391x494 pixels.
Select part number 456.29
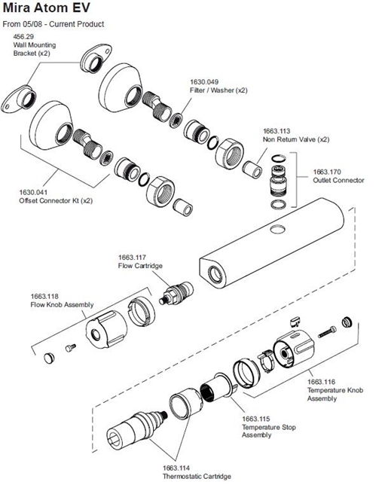[25, 36]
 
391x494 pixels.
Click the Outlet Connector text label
[338, 181]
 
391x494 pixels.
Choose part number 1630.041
[34, 192]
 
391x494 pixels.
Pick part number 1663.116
[322, 383]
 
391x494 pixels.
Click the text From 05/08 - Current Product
[53, 24]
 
